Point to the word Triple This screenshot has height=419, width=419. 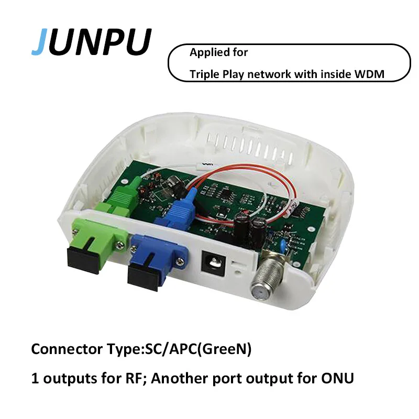click(204, 74)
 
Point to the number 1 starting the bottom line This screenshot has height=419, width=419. click(35, 378)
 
